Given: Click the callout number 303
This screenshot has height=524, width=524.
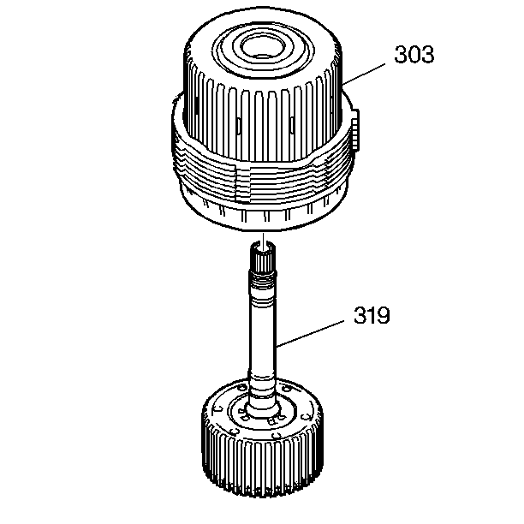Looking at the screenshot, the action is tap(414, 54).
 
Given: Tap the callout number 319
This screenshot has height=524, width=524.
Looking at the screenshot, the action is tap(372, 315).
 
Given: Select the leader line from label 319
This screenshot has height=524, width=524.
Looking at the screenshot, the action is tap(311, 334).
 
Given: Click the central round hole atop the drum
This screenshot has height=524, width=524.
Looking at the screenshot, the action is tap(263, 48).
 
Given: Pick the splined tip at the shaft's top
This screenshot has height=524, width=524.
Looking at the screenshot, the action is tap(263, 257).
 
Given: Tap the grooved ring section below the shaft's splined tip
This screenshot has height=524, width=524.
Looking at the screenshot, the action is tap(263, 280).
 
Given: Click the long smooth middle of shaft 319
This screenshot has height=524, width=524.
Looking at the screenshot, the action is tap(263, 334).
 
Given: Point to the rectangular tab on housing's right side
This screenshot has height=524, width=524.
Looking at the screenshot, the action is tap(355, 129).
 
